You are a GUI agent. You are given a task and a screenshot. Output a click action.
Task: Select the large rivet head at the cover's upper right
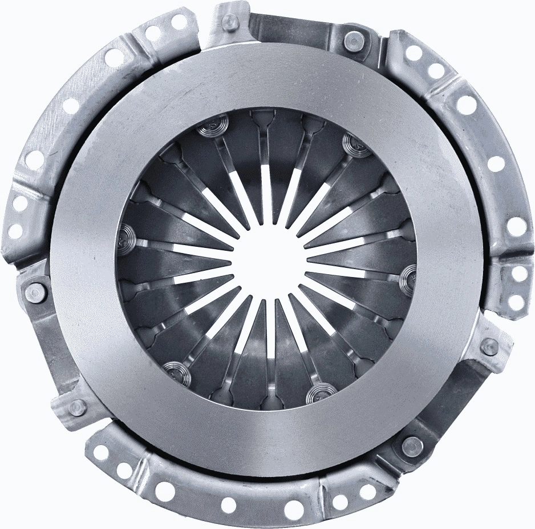[352, 40]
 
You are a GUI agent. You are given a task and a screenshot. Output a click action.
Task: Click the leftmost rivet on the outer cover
[35, 292]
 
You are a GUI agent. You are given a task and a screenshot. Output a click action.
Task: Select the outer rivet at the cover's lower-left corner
[77, 407]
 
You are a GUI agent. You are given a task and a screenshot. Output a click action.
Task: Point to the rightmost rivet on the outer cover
[489, 346]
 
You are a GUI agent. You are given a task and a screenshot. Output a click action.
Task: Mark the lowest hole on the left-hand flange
[15, 231]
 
